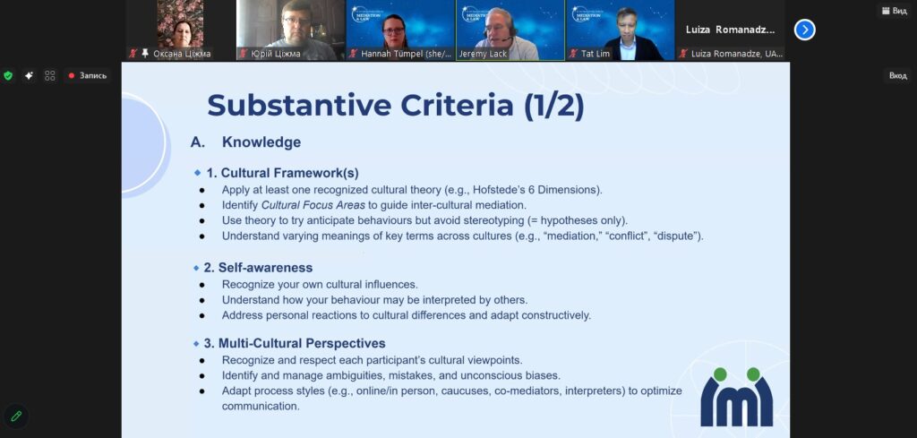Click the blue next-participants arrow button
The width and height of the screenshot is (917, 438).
pos(805,30)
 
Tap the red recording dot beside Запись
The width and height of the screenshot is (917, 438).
pos(72,75)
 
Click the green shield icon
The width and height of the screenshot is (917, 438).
pos(8,75)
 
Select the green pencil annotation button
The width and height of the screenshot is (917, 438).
pos(16,416)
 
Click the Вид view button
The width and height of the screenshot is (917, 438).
pos(896,11)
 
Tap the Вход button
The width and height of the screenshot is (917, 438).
pos(897,75)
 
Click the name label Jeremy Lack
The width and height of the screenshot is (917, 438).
pos(483,54)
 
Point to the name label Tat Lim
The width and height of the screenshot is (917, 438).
pos(596,54)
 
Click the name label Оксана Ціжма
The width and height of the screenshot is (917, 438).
pos(182,54)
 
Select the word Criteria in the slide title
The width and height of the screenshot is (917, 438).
pos(456,106)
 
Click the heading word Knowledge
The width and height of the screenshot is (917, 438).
pos(261,142)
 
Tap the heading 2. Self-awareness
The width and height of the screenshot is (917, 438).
pos(258,268)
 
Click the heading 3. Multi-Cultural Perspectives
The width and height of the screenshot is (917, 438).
pos(294,343)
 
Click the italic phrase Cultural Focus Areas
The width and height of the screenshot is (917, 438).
pos(313,205)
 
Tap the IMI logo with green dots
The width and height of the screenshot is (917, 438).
pos(736,397)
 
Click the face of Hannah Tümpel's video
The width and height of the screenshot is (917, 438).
pos(394,30)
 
